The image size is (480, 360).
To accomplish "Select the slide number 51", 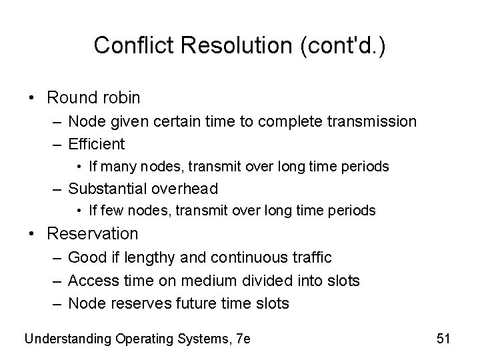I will (443, 338).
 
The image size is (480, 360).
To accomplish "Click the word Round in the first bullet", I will (70, 98).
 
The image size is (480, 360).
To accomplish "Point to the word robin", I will (119, 98).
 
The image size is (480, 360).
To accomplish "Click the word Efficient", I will (97, 143).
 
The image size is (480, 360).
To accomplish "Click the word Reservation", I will (93, 234).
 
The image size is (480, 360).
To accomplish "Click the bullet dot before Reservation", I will (33, 234).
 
